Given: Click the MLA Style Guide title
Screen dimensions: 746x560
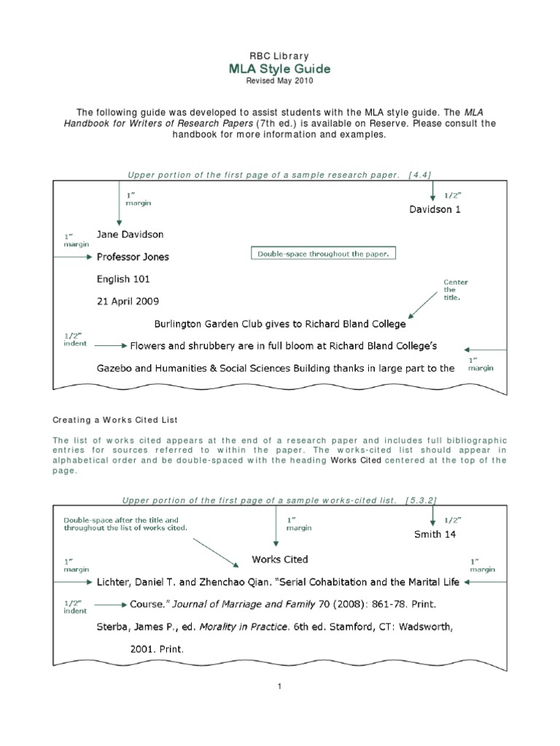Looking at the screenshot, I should [x=280, y=68].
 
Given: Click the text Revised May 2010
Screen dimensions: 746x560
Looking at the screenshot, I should [x=280, y=82].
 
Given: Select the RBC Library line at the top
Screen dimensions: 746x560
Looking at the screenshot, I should [x=280, y=56].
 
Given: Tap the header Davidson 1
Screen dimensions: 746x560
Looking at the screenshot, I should [x=435, y=209].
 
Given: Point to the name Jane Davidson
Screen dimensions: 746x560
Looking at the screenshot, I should [x=131, y=235].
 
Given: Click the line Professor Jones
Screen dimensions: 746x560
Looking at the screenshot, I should [x=133, y=256].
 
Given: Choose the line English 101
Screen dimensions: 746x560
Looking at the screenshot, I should [x=123, y=278].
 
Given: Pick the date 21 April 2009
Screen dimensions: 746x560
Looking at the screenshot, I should [x=128, y=300].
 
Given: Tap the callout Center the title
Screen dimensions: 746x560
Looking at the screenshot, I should [x=456, y=290].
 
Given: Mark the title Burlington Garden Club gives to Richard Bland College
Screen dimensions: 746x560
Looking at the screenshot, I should [x=281, y=323].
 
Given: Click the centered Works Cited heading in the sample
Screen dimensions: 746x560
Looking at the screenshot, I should [x=280, y=559].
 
